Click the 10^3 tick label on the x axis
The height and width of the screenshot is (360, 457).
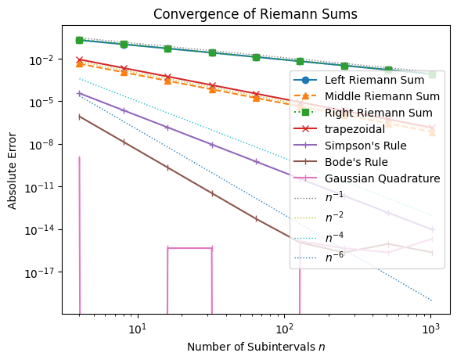430,326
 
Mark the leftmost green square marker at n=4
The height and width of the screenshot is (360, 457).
80,40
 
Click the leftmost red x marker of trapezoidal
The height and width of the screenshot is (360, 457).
80,59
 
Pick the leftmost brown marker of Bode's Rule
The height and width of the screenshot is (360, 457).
80,117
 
